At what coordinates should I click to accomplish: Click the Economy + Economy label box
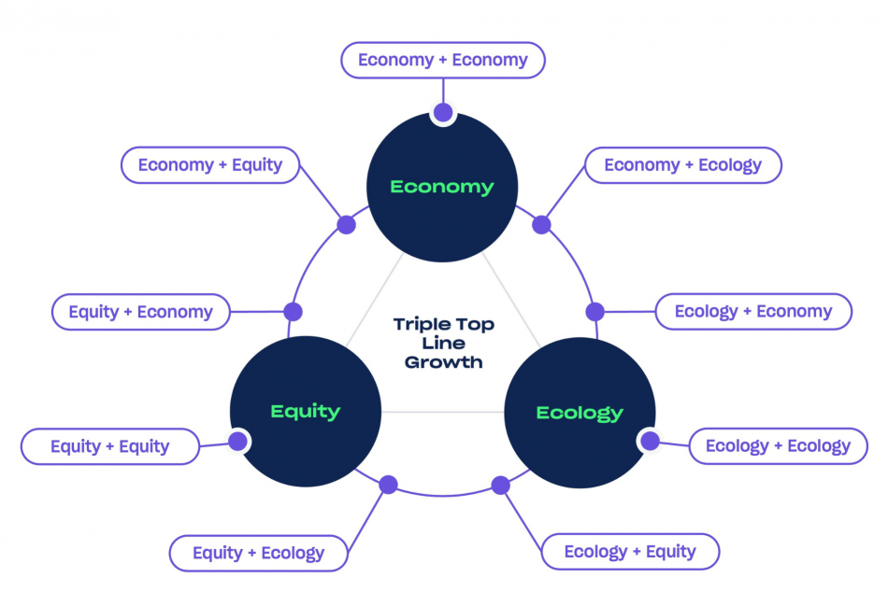[x=442, y=61]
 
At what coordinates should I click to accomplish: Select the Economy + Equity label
[x=210, y=165]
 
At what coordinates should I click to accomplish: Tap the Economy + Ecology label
[x=682, y=165]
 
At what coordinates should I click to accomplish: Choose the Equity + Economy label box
[x=140, y=312]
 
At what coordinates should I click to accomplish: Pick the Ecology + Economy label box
[x=753, y=312]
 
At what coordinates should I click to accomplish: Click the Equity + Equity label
[x=109, y=446]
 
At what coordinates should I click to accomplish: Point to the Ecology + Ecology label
[x=778, y=446]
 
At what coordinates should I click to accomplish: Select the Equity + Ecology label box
[x=258, y=553]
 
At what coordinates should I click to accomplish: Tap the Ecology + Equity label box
[x=630, y=552]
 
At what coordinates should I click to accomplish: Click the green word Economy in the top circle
[x=442, y=187]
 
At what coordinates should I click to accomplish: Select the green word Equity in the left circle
[x=306, y=411]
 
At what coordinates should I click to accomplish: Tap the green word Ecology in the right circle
[x=580, y=412]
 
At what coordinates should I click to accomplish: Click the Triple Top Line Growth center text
[x=444, y=343]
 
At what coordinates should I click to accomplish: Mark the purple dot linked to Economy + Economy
[x=443, y=113]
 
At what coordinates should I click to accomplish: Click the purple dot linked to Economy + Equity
[x=346, y=225]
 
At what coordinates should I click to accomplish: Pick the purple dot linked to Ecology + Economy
[x=594, y=312]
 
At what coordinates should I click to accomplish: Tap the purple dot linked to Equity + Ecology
[x=388, y=485]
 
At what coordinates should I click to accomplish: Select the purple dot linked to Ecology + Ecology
[x=649, y=441]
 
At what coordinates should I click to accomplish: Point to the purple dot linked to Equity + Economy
[x=293, y=312]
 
